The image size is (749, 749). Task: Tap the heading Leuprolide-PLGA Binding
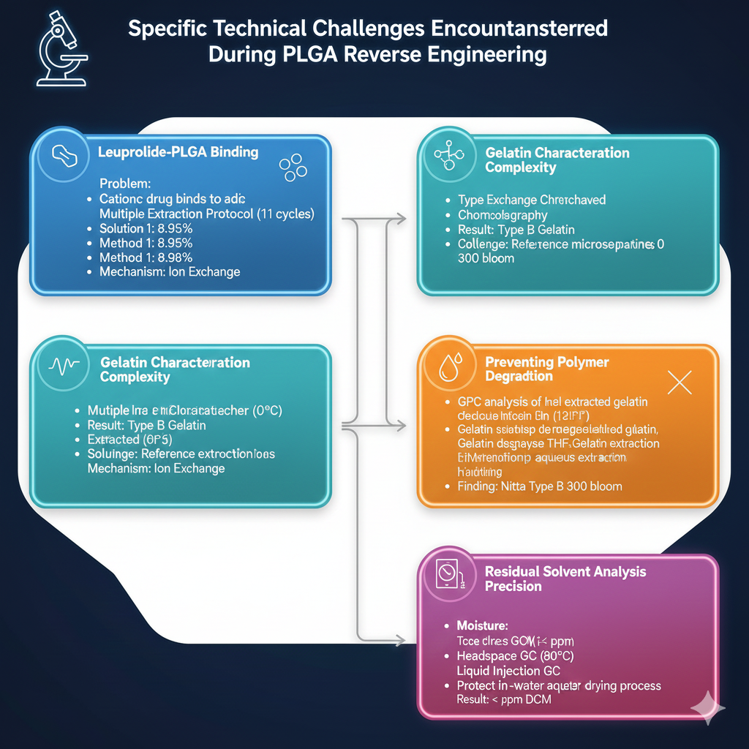tap(178, 152)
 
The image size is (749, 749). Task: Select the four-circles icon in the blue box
tap(293, 167)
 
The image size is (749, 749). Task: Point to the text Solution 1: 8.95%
tap(146, 228)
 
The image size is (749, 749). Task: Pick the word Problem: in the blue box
tap(125, 184)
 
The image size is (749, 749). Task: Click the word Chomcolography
tap(503, 215)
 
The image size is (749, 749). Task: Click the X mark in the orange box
tap(680, 382)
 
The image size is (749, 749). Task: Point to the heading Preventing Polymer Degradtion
tap(547, 369)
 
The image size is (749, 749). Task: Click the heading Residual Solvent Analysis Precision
tap(565, 579)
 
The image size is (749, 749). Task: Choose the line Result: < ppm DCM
tap(504, 699)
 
